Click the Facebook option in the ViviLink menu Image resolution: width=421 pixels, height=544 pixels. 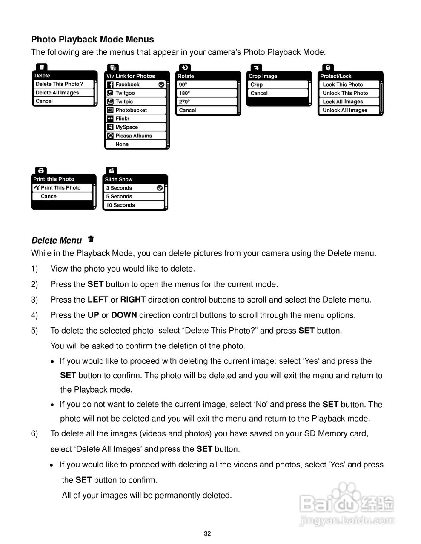(127, 85)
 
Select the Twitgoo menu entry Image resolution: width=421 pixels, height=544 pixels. (125, 93)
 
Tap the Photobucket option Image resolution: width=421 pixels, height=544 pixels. (131, 110)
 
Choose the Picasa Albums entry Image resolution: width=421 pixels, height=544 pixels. (133, 136)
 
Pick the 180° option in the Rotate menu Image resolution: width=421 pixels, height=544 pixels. (185, 93)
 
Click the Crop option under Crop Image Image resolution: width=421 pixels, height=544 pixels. (257, 85)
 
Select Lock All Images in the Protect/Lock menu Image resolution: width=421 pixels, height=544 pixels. (343, 102)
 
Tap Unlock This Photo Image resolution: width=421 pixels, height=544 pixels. (345, 93)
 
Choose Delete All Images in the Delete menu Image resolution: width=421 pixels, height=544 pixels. (57, 93)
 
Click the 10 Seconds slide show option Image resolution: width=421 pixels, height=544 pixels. (120, 205)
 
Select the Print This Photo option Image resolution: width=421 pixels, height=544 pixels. (60, 187)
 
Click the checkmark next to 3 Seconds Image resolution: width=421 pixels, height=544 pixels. (160, 187)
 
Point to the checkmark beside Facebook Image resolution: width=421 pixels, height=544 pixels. (161, 85)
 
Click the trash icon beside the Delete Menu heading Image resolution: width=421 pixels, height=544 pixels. (91, 239)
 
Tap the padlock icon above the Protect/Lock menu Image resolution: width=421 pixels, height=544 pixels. (328, 68)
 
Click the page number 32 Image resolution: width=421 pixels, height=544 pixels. (207, 534)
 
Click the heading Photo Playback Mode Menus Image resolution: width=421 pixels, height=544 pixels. (92, 40)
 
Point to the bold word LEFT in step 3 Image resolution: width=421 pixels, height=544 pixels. (97, 300)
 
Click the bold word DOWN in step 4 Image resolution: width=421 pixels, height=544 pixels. (124, 315)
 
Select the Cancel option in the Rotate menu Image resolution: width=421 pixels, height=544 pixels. (187, 110)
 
